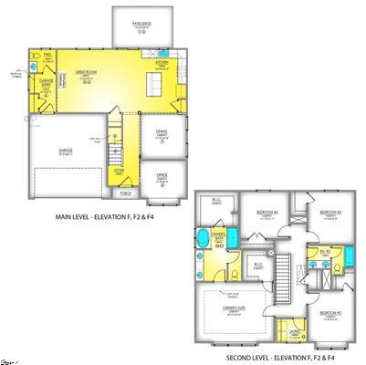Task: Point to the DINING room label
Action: [162, 133]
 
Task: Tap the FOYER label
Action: [119, 170]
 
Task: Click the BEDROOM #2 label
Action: [329, 312]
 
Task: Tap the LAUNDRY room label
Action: [295, 333]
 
